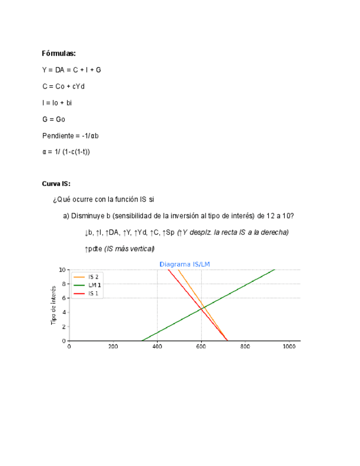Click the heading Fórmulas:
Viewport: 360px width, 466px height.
[x=59, y=53]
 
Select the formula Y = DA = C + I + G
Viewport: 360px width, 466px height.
[x=71, y=70]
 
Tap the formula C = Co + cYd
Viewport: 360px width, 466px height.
[x=64, y=86]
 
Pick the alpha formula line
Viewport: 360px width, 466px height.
[x=65, y=152]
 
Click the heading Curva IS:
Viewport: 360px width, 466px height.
[x=56, y=183]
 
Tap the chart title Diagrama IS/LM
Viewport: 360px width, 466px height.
[x=185, y=264]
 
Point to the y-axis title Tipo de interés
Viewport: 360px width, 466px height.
[x=54, y=305]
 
